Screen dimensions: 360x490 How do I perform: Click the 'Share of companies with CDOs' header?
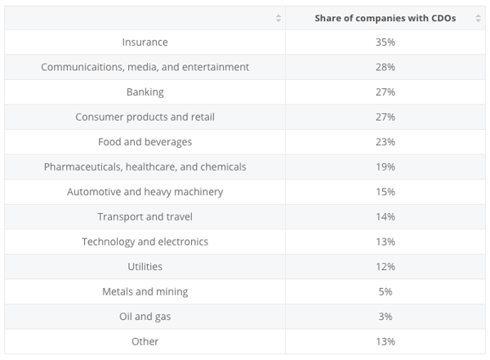click(x=385, y=17)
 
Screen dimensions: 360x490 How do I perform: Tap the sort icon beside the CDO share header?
click(x=478, y=18)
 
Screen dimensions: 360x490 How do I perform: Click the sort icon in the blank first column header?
click(x=278, y=18)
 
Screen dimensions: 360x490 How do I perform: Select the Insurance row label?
click(x=145, y=42)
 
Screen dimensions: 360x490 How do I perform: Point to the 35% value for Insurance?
click(x=385, y=42)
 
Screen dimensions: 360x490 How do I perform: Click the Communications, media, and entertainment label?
click(x=145, y=67)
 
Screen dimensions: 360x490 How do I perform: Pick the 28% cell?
click(x=385, y=67)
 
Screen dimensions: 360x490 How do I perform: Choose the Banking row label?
click(x=145, y=91)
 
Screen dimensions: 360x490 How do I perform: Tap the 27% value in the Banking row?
click(x=385, y=91)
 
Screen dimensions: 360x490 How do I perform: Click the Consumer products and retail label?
click(x=145, y=117)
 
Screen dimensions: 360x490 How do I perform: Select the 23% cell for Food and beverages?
click(x=385, y=141)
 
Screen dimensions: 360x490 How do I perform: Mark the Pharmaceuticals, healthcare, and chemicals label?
click(x=145, y=167)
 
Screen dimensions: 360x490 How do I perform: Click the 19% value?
click(x=385, y=167)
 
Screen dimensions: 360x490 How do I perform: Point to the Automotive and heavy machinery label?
click(x=145, y=192)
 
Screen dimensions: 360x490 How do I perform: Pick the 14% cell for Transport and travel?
click(x=385, y=216)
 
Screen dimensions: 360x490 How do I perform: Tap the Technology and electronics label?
click(x=145, y=242)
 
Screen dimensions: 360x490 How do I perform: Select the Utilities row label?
click(x=145, y=266)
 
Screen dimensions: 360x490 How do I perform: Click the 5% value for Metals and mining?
click(x=385, y=291)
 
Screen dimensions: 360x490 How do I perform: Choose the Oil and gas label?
click(x=145, y=316)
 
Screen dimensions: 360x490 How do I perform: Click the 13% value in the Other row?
click(x=385, y=341)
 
